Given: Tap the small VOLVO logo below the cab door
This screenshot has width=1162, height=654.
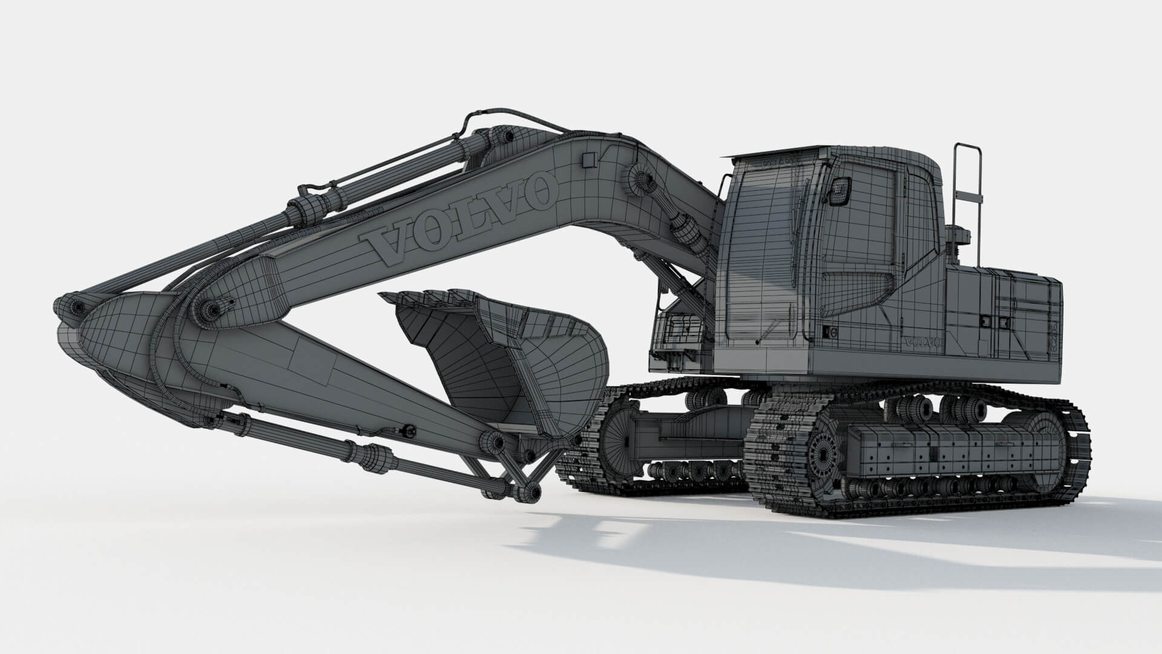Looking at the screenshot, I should click(x=922, y=342).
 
